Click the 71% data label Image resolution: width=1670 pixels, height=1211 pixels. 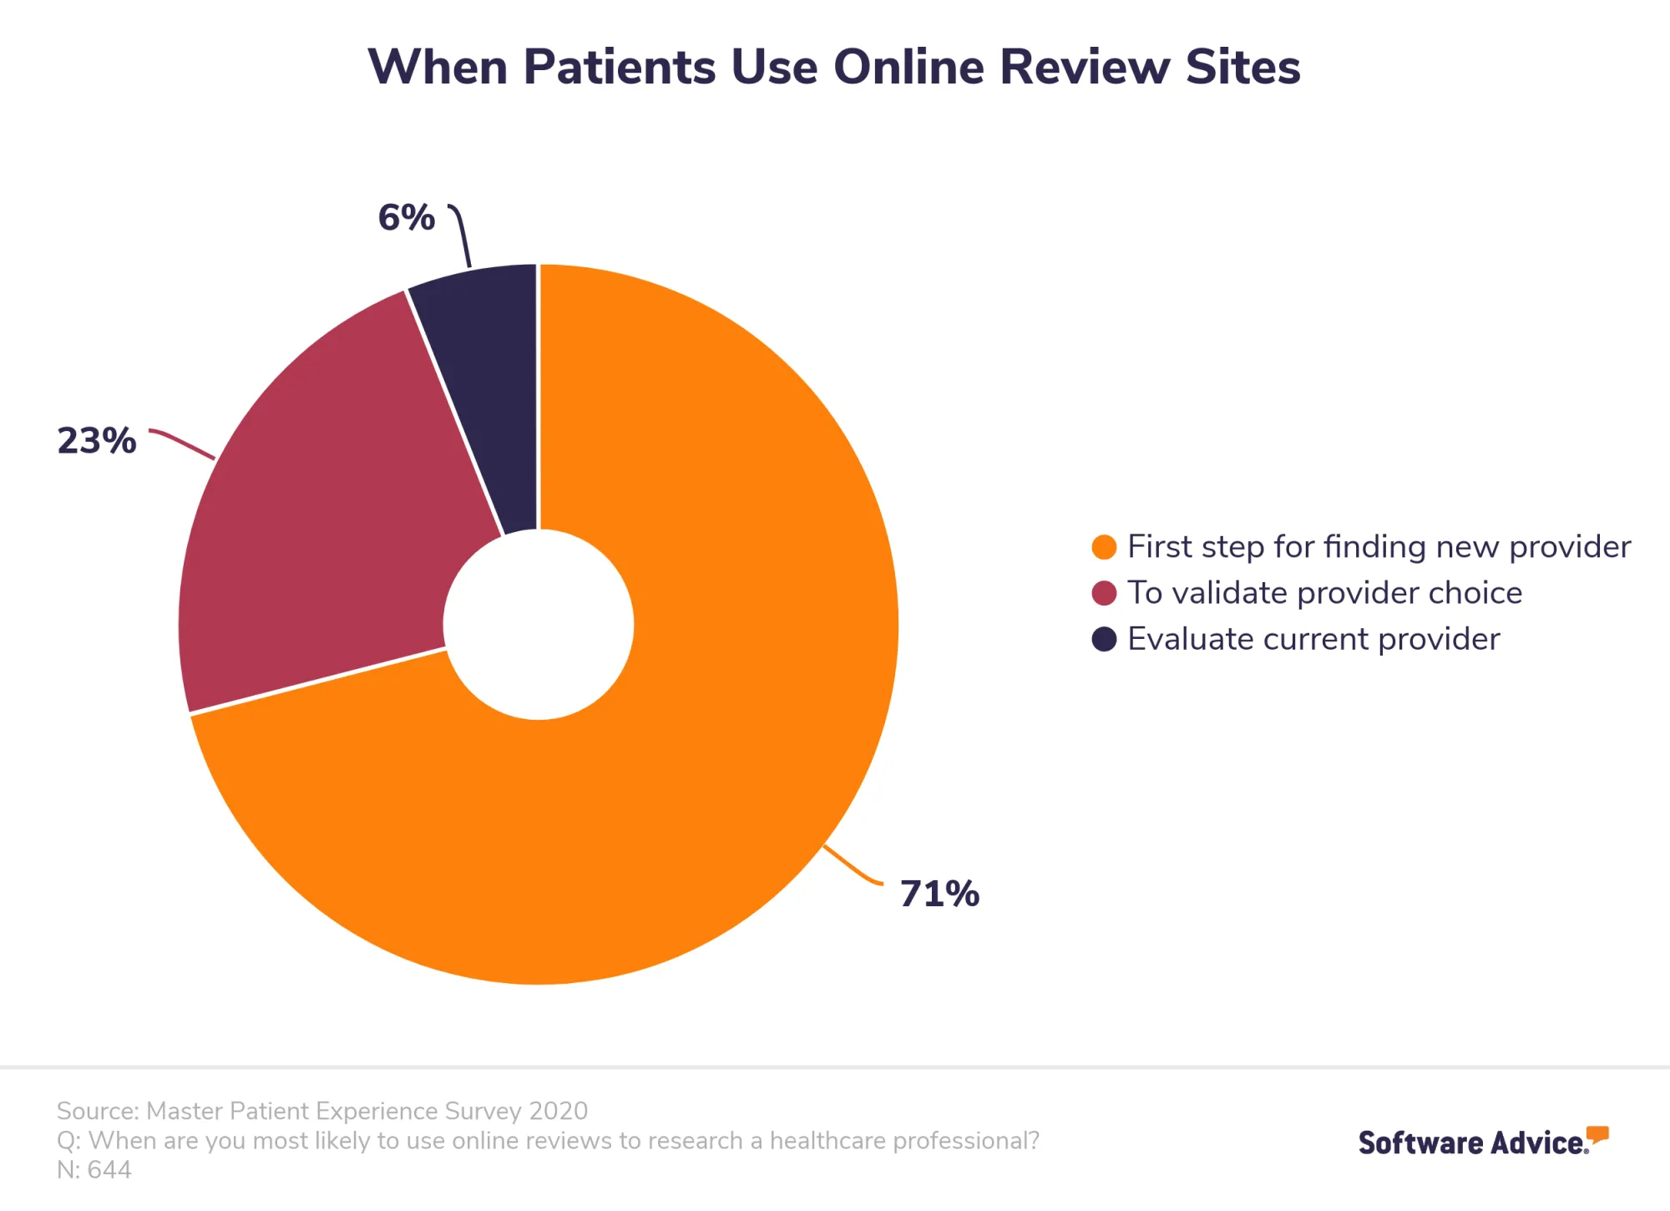(939, 894)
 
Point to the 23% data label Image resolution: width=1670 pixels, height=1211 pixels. (96, 440)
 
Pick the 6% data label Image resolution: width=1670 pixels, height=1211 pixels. (407, 218)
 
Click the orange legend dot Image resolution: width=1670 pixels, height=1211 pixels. (1104, 547)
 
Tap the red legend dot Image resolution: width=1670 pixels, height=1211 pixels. (1104, 593)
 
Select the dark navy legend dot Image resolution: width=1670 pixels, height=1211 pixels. (1104, 639)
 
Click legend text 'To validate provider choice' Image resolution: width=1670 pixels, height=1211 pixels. (1324, 593)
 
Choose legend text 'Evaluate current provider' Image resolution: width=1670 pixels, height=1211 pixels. (1313, 639)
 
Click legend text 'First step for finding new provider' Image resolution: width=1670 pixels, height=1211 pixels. (1379, 547)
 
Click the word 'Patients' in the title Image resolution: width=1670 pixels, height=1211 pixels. (620, 67)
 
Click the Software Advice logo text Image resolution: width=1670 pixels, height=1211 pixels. (1473, 1143)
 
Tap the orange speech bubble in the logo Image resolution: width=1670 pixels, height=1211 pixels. (1597, 1134)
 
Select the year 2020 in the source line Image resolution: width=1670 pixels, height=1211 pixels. (559, 1111)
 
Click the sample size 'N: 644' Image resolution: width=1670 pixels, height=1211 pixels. (94, 1169)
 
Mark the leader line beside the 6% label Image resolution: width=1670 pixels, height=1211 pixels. (462, 234)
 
